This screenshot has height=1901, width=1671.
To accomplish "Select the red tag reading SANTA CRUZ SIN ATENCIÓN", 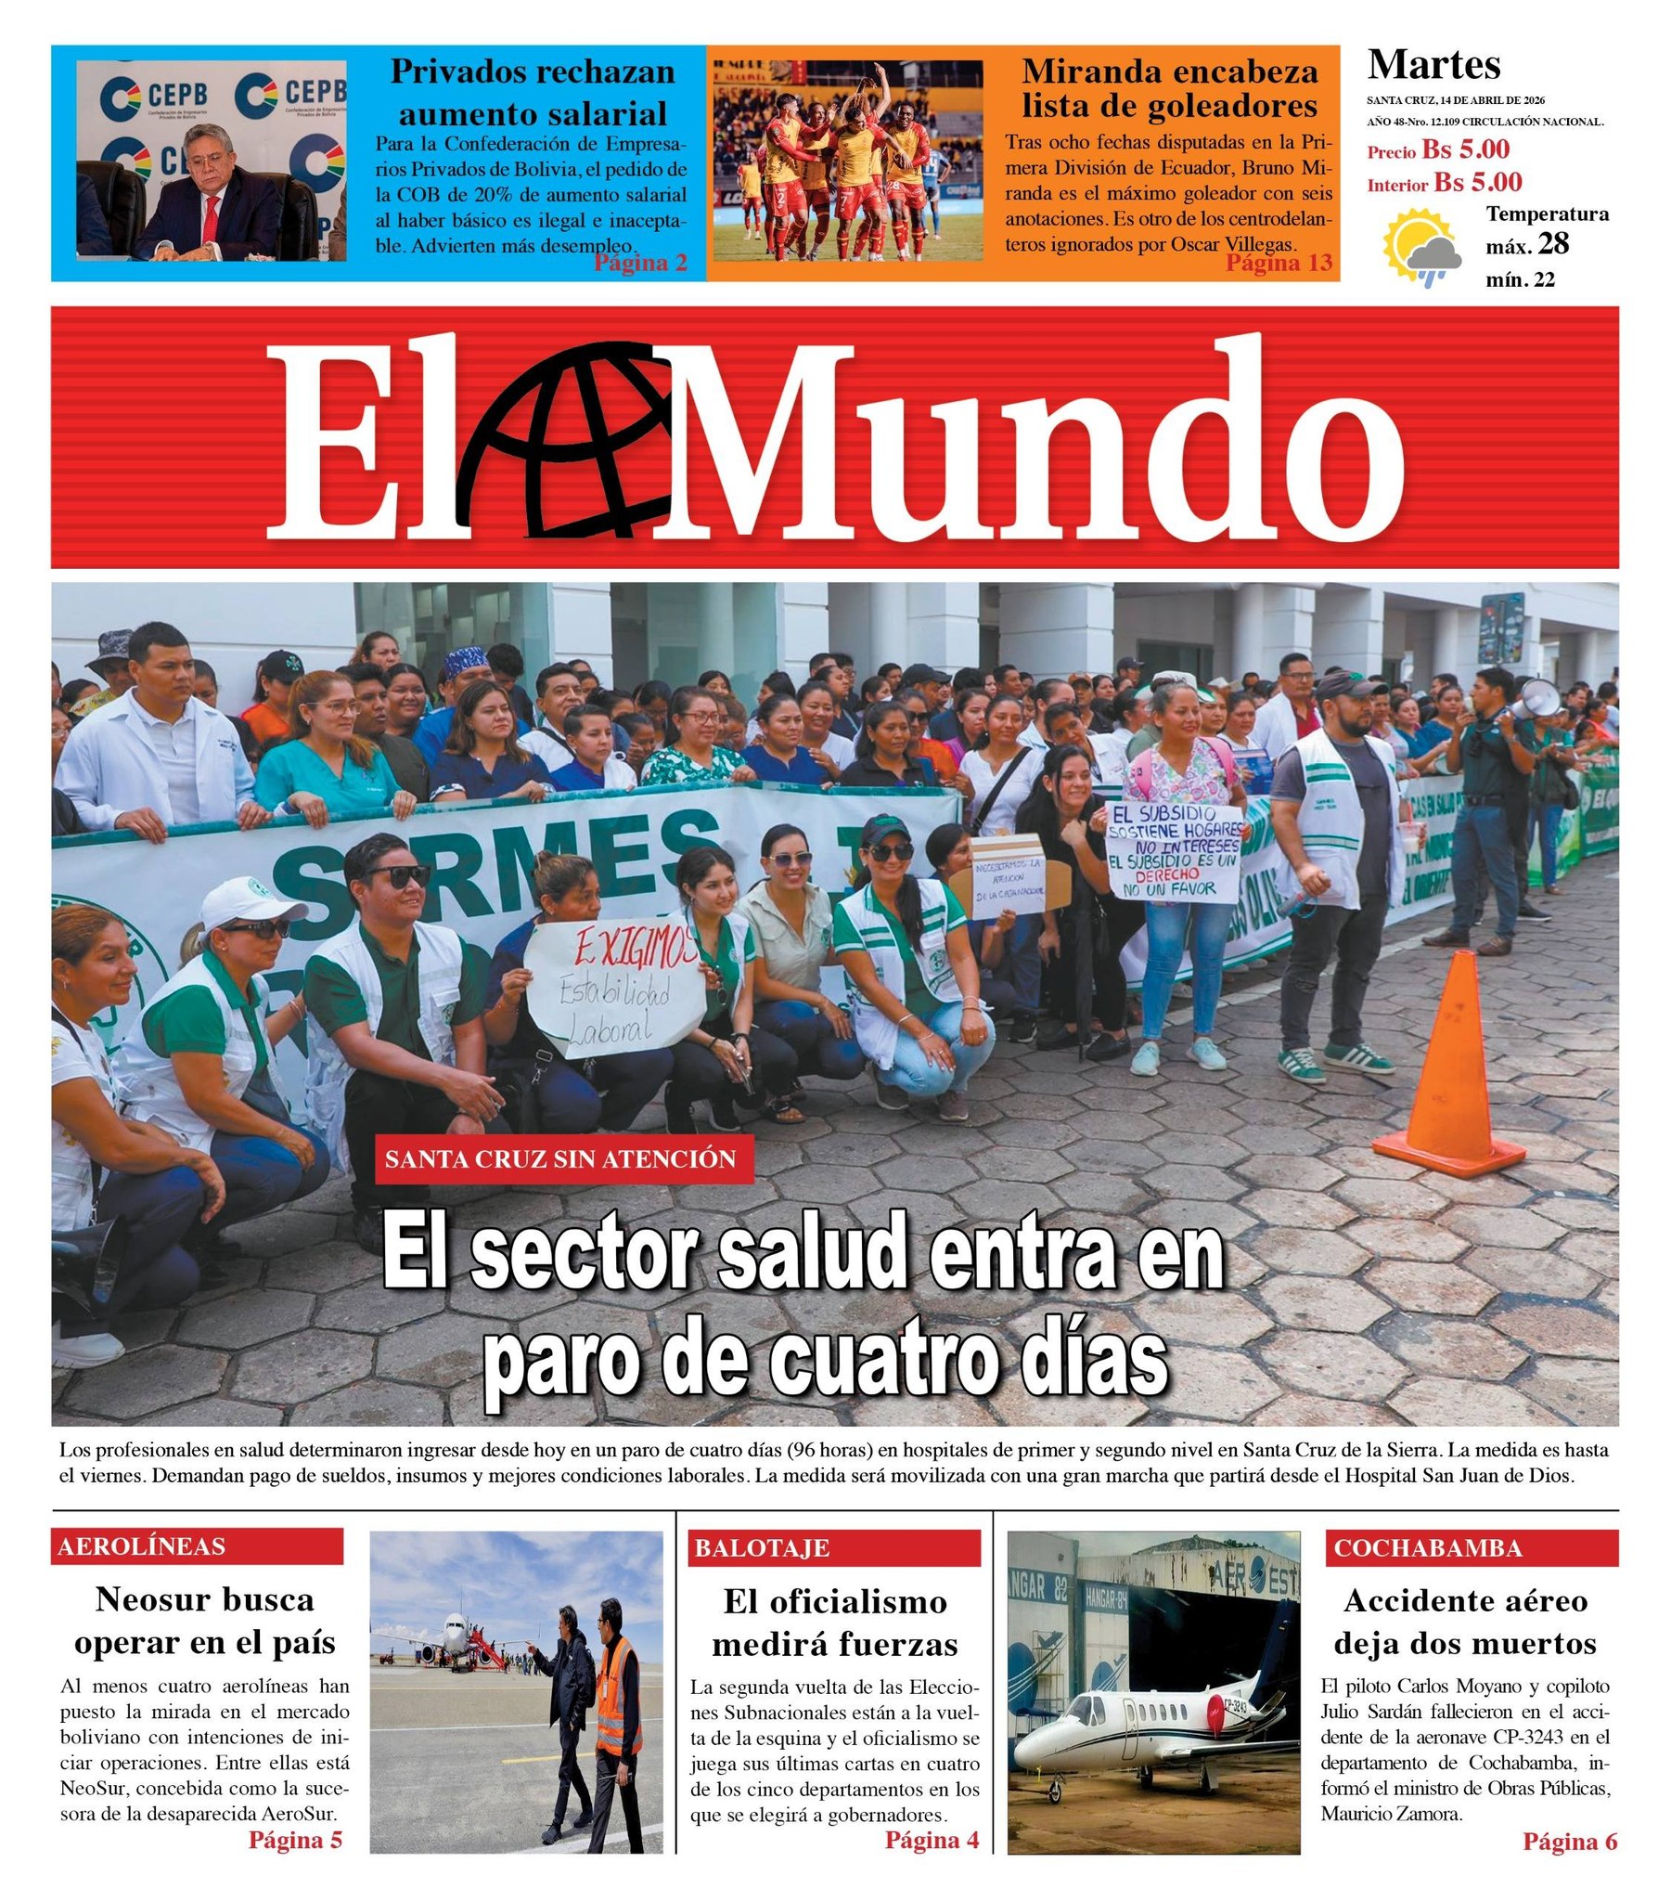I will pyautogui.click(x=563, y=1158).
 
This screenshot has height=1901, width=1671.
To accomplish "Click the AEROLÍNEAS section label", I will pyautogui.click(x=196, y=1546).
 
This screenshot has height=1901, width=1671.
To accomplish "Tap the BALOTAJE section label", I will pyautogui.click(x=834, y=1548).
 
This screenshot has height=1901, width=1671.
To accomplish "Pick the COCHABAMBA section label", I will pyautogui.click(x=1471, y=1548).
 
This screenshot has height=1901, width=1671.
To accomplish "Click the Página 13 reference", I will pyautogui.click(x=1279, y=264).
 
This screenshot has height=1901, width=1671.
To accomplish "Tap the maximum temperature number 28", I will pyautogui.click(x=1553, y=244).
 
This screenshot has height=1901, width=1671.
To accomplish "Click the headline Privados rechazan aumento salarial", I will pyautogui.click(x=532, y=92).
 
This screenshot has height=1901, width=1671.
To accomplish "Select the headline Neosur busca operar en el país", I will pyautogui.click(x=204, y=1621).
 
